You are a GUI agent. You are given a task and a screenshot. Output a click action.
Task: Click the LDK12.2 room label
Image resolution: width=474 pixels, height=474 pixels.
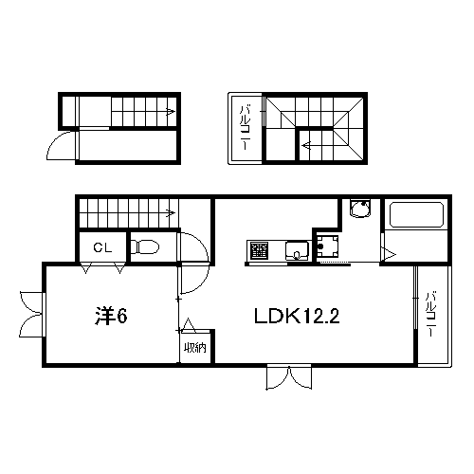tap(297, 316)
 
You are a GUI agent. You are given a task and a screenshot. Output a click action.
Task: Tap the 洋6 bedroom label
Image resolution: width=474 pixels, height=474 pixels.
tap(111, 316)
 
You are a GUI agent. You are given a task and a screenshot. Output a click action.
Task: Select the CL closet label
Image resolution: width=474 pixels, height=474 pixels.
tap(102, 247)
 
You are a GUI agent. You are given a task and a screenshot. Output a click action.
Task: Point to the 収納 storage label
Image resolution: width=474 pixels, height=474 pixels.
tap(195, 348)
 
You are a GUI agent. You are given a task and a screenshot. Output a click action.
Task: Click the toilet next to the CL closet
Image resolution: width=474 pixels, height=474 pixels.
tap(145, 246)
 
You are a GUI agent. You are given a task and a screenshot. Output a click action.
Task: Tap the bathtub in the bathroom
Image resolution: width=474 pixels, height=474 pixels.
tap(416, 214)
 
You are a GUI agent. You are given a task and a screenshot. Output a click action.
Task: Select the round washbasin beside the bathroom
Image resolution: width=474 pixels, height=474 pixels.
tap(360, 209)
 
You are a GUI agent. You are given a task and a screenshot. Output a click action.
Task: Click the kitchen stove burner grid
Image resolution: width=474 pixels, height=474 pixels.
tap(259, 250)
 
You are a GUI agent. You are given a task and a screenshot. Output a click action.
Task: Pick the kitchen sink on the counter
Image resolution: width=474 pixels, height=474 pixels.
tap(297, 250)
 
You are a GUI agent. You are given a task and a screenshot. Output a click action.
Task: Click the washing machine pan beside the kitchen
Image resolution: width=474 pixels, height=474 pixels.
tap(327, 246)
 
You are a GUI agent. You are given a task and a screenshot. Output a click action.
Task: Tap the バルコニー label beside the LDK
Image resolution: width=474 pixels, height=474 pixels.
tap(430, 315)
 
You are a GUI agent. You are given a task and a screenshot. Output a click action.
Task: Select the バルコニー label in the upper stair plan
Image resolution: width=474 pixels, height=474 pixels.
tap(246, 128)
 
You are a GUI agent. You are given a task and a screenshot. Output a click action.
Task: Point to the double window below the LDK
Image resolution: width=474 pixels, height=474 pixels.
tap(289, 377)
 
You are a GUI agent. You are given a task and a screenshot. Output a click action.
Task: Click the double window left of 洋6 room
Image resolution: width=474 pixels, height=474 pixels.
tap(32, 315)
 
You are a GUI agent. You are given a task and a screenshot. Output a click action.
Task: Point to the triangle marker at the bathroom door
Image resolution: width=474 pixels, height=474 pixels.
tap(389, 254)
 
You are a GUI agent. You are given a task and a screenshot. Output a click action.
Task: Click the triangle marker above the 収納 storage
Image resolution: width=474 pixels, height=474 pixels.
tap(189, 325)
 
